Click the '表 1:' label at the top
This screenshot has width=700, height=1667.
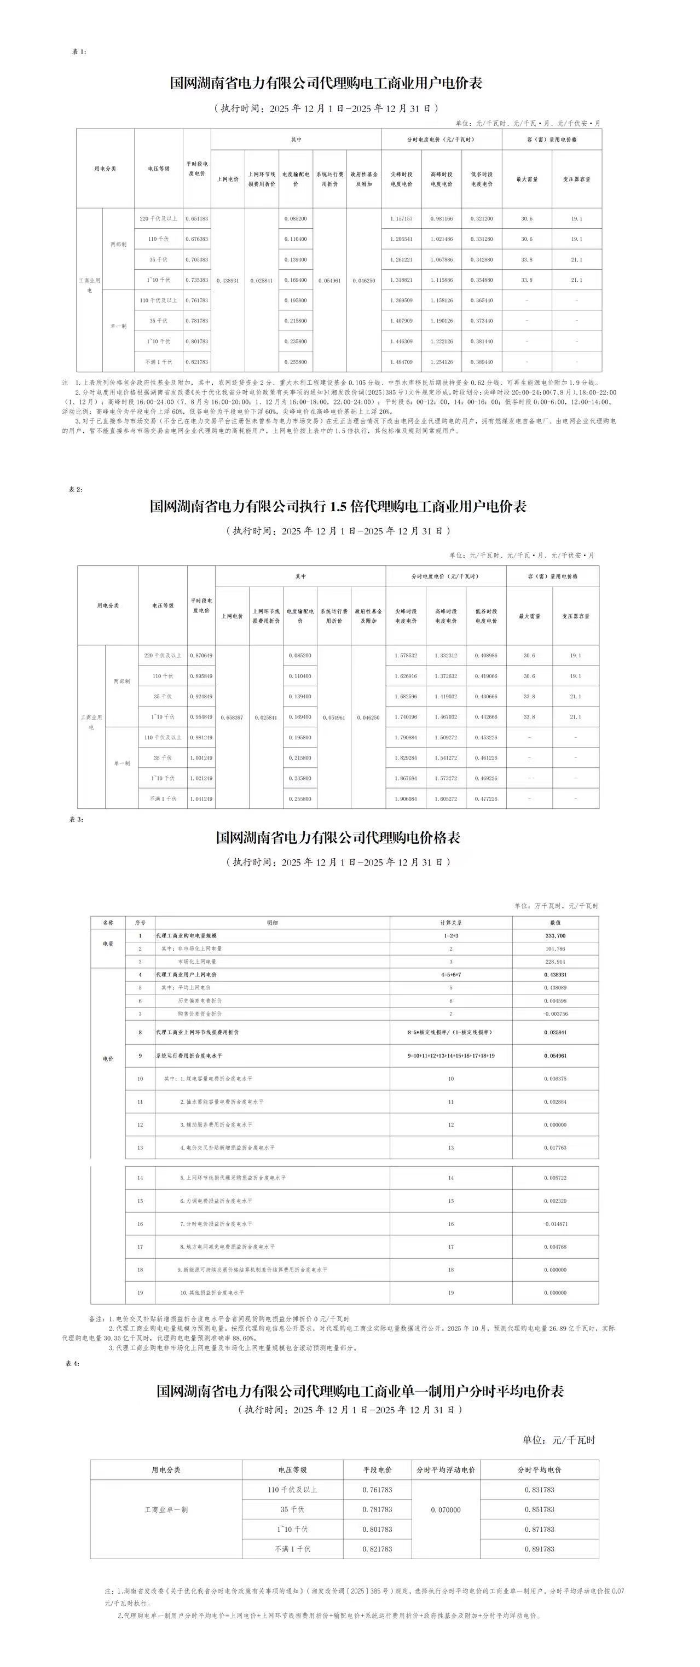coord(79,52)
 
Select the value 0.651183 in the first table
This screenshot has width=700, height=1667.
coord(196,219)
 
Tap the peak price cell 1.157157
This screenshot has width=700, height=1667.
coord(401,219)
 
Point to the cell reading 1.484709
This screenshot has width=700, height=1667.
coord(401,362)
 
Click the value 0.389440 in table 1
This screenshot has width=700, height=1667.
coord(481,362)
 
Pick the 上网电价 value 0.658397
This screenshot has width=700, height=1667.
coord(232,717)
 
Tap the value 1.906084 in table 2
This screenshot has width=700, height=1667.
coord(406,798)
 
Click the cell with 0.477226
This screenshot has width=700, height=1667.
coord(486,798)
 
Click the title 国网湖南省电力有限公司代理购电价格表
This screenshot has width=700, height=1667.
coord(338,838)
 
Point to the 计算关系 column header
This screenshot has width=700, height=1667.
coord(451,923)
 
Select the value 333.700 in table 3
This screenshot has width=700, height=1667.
coord(555,936)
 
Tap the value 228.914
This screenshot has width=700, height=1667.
coord(555,962)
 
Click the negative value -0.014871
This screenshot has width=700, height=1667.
coord(555,1224)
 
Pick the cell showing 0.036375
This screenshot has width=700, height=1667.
coord(555,1079)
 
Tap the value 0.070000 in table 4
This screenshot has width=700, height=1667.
coord(446,1510)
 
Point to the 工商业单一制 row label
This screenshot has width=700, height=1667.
coord(166,1510)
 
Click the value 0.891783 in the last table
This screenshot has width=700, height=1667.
coord(539,1549)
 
